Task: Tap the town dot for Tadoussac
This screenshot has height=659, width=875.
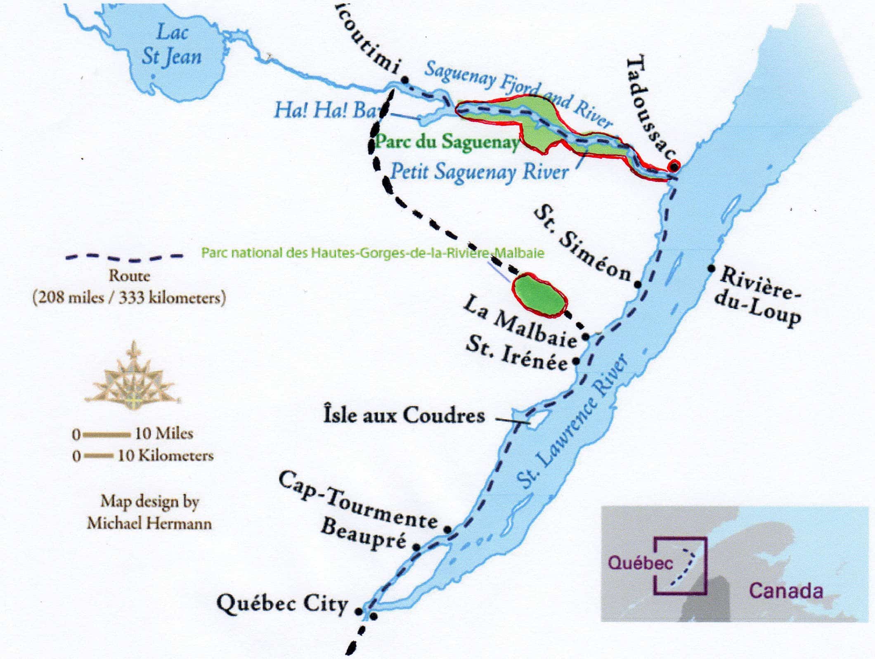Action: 674,166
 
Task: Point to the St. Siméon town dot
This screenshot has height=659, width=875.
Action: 637,284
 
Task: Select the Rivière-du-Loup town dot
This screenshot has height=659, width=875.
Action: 712,268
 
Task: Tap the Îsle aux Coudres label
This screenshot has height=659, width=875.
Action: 404,415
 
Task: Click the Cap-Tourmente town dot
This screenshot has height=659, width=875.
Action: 447,529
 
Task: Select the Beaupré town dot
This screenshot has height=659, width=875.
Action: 417,547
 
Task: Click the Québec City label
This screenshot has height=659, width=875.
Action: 282,604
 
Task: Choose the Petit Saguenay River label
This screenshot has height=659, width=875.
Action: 480,172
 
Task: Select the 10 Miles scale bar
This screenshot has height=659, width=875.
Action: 107,434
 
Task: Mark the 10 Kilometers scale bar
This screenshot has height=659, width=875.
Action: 98,456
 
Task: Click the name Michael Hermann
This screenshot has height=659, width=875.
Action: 149,524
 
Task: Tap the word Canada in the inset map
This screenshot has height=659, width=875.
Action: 786,591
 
